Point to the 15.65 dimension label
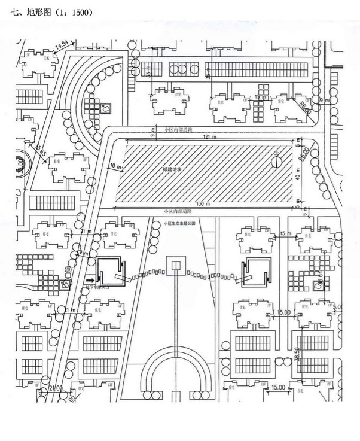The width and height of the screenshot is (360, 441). (x=41, y=150)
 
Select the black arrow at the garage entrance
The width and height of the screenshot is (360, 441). (x=90, y=278)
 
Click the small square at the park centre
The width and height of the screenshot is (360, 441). (x=176, y=266)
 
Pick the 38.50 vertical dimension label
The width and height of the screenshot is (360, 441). (x=296, y=354)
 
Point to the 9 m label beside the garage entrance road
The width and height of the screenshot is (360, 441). (x=84, y=254)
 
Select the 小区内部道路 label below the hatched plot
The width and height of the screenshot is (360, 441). (x=178, y=212)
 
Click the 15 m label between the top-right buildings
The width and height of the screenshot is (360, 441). (x=260, y=96)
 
